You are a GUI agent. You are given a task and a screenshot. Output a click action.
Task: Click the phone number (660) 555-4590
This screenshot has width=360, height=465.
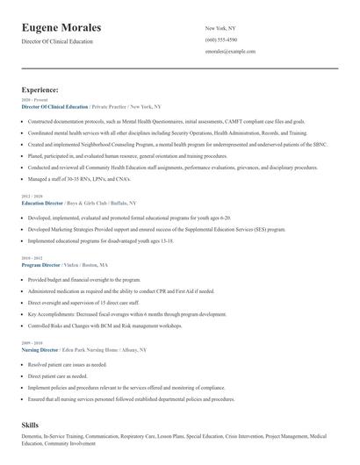point(220,39)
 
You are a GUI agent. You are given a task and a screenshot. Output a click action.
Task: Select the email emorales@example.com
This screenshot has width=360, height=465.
point(230,52)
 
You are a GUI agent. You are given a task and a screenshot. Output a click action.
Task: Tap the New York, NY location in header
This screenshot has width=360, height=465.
point(220,28)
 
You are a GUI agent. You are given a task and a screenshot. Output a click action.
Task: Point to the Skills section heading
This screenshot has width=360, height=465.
point(31,425)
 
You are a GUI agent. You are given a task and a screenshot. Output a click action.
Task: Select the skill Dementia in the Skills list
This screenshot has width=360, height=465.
point(32,435)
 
